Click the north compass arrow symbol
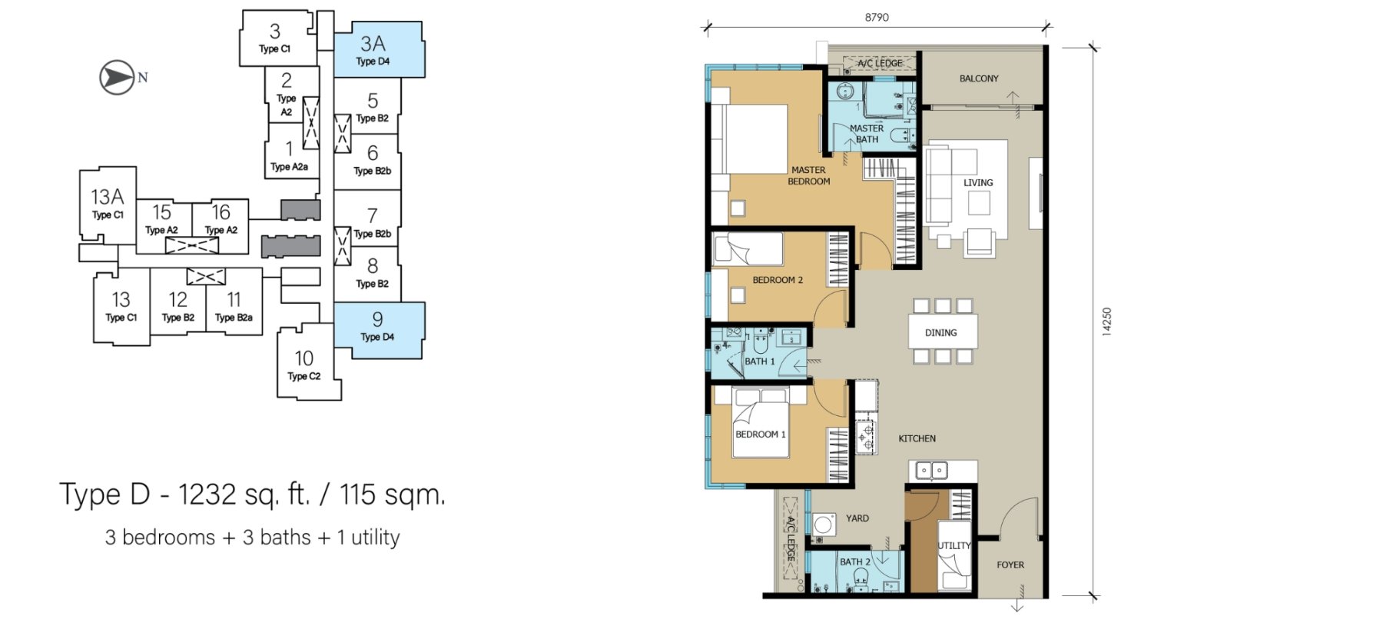[118, 78]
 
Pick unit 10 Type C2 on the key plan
[305, 364]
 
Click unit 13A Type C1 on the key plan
[108, 205]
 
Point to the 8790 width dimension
[877, 17]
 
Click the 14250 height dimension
[1106, 321]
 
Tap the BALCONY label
[979, 78]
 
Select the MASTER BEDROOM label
[809, 175]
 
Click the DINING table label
[941, 333]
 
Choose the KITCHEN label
[917, 438]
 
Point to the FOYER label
[1010, 565]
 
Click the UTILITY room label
[954, 545]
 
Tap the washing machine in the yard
[824, 525]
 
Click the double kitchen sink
[931, 469]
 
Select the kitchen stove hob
[866, 436]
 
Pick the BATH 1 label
[760, 361]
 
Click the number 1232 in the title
[207, 494]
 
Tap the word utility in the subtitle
[376, 537]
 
